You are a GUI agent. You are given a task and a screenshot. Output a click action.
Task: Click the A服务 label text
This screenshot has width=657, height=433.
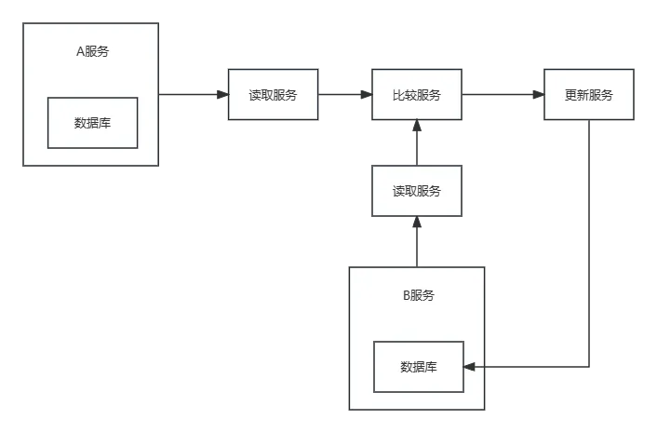coord(92,51)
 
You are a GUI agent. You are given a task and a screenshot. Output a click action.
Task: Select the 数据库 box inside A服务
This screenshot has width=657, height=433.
coord(92,122)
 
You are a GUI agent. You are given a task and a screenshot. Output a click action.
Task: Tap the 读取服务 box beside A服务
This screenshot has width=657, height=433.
coord(273,95)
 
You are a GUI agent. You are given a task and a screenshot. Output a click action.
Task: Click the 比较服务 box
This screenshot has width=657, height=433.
coord(416,95)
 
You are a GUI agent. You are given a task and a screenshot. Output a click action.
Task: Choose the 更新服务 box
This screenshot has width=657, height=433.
coord(589,95)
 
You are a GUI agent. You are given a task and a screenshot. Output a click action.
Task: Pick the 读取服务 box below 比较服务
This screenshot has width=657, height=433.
coord(416,191)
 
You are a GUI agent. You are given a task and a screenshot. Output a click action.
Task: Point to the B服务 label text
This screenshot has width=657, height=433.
coord(418,296)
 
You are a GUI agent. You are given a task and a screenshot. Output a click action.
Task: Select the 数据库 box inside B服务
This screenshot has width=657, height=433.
coord(418,367)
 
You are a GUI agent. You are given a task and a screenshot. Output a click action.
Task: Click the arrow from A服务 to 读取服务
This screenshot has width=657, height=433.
coord(193,93)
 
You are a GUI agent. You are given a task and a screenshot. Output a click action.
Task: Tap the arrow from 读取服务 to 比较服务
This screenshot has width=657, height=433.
coord(345,94)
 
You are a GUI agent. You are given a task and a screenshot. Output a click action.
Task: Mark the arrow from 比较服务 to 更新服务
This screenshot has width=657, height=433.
coord(503,93)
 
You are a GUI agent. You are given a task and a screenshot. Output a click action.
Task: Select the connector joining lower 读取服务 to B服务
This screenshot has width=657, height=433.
coord(416,241)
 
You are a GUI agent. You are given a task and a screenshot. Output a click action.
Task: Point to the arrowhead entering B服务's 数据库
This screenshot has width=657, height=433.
coord(469,367)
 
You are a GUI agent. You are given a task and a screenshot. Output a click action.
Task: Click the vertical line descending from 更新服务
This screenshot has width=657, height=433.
coord(593,242)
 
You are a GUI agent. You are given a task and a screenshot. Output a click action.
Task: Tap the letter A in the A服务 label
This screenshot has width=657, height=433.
coord(80,51)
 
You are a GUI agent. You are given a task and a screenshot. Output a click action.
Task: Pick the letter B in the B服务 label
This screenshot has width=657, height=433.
coord(406,296)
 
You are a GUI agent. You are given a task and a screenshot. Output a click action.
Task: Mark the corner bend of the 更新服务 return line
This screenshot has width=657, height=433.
coord(593,367)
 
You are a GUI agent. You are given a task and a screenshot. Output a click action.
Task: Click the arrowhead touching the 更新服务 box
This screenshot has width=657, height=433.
coord(538,94)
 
